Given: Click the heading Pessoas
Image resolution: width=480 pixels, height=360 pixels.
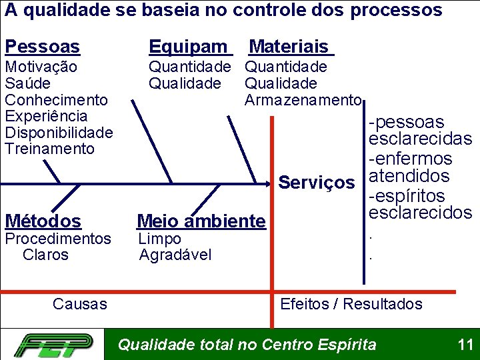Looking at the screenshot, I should click(42, 47).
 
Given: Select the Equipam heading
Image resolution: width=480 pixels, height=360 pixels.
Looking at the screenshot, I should click(189, 47).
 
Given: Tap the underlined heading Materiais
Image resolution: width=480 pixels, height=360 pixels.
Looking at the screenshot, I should click(290, 47).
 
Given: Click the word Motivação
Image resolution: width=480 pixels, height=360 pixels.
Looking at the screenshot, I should click(41, 67).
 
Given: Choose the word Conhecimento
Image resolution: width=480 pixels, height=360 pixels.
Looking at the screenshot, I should click(56, 100).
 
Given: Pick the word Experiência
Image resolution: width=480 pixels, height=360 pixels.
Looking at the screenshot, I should click(46, 116).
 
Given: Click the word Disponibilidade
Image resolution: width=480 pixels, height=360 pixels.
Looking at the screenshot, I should click(59, 132).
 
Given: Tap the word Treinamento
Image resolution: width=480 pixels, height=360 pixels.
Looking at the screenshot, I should click(49, 149).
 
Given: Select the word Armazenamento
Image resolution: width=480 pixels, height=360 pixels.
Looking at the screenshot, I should click(303, 100).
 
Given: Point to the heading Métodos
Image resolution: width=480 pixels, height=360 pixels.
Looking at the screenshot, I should click(43, 221).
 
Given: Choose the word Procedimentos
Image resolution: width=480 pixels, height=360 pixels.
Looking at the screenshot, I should click(58, 239).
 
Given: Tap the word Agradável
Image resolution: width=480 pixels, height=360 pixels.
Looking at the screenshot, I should click(175, 255).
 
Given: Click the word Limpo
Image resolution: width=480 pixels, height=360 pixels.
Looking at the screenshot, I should click(159, 239).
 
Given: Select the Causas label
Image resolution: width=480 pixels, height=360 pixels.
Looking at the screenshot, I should click(79, 304).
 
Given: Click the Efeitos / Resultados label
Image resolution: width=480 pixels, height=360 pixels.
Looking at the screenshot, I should click(351, 304).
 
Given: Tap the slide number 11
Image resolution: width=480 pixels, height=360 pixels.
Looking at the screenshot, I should click(465, 345).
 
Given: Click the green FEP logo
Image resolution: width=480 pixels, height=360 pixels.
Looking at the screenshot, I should click(53, 345).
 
